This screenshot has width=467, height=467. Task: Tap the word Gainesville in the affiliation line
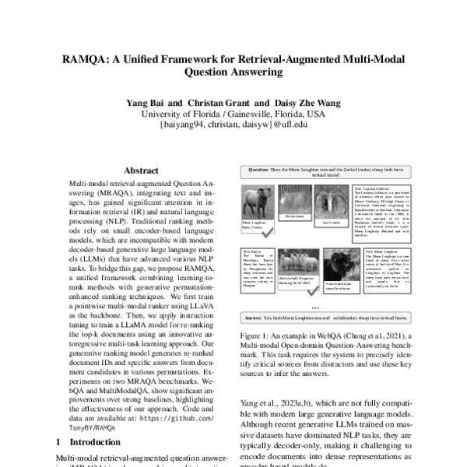(228, 114)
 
